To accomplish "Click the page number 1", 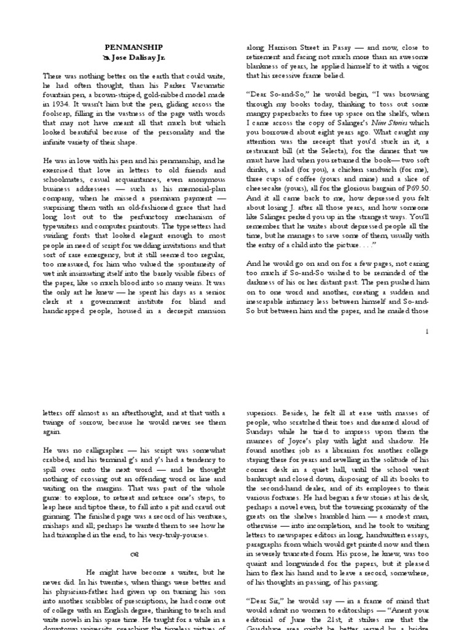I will (427, 332).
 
